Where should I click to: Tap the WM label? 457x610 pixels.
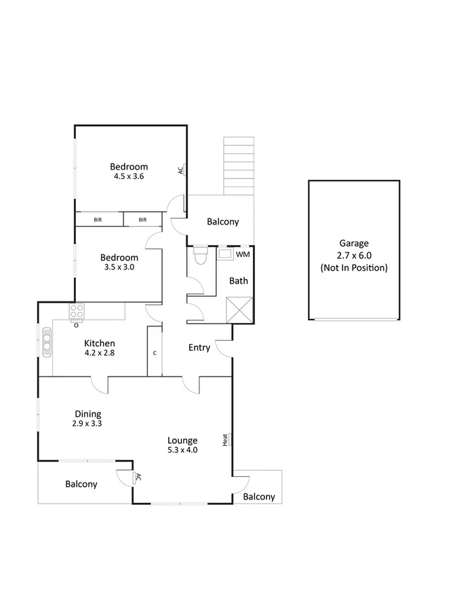(243, 254)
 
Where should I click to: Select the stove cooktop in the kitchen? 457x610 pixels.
(77, 311)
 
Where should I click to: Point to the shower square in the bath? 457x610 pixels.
(240, 309)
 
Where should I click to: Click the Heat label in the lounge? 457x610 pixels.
(225, 440)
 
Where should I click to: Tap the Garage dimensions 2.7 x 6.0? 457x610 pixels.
(353, 255)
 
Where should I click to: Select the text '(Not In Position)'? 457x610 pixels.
(353, 267)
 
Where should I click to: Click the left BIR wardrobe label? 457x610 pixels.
(98, 220)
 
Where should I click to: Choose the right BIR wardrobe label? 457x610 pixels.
(142, 220)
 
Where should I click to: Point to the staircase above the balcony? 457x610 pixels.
(239, 165)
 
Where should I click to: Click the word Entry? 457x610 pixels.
(199, 347)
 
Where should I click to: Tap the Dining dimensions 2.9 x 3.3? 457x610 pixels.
(88, 423)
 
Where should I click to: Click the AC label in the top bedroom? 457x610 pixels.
(181, 170)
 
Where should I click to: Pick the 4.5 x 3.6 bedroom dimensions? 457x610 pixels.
(129, 176)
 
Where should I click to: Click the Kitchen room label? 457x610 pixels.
(99, 343)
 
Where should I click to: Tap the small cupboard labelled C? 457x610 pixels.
(155, 353)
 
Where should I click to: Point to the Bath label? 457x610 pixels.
(238, 281)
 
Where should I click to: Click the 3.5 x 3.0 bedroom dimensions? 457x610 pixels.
(119, 267)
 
